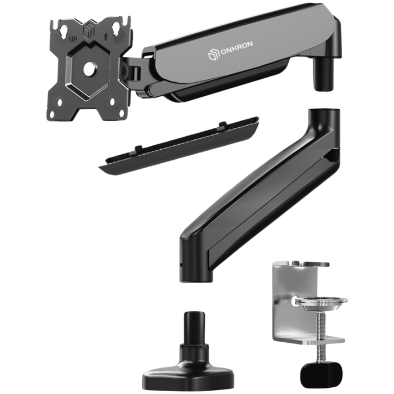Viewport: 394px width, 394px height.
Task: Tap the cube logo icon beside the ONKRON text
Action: [x=212, y=55]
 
